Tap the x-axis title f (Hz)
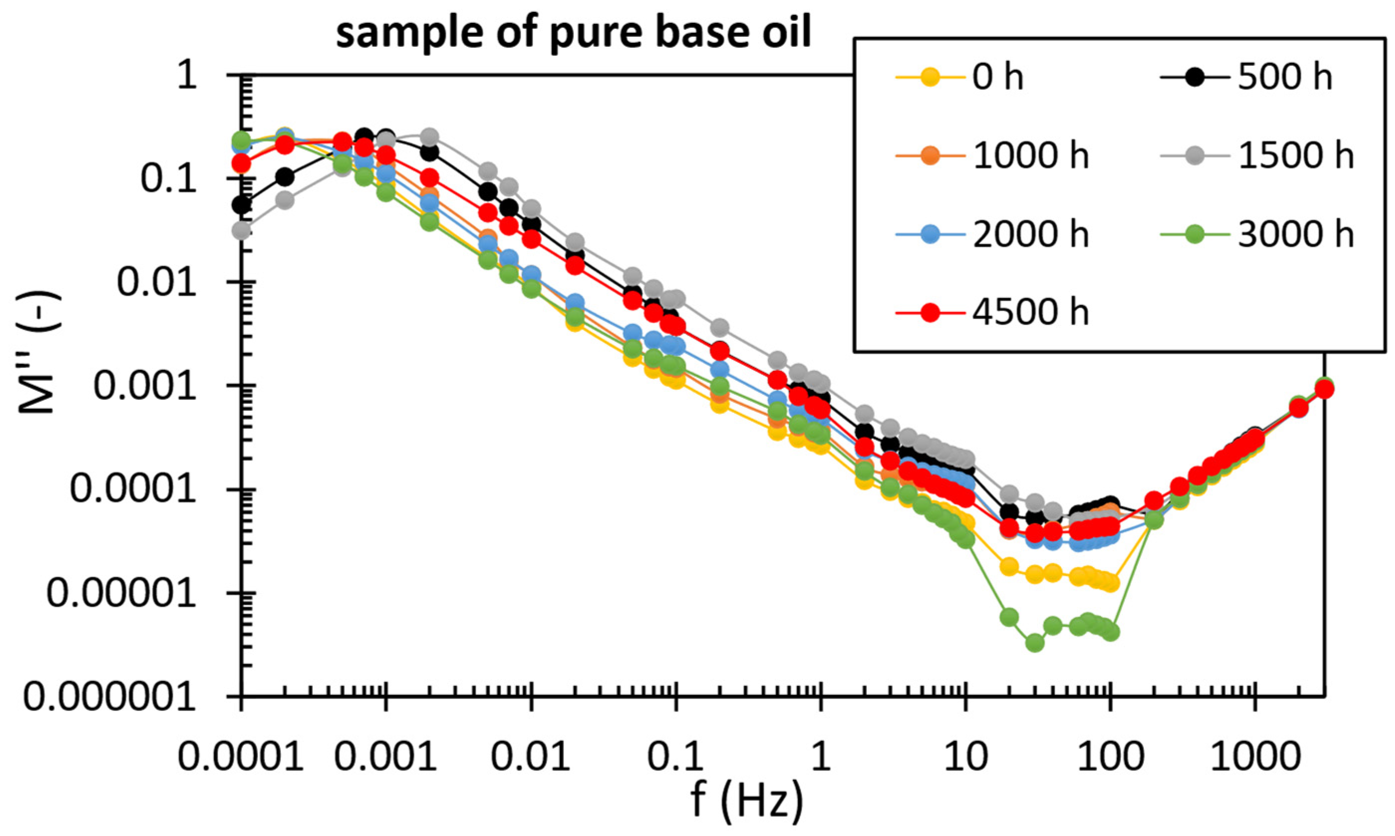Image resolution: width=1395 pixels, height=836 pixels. (x=746, y=800)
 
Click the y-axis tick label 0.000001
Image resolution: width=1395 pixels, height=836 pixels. (x=110, y=697)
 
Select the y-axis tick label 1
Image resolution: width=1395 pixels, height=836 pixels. (x=187, y=76)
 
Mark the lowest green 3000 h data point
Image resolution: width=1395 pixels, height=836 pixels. (x=1034, y=643)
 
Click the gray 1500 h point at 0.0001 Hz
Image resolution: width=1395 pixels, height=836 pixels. (x=242, y=231)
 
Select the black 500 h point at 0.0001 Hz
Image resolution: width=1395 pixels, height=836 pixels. (x=242, y=205)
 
